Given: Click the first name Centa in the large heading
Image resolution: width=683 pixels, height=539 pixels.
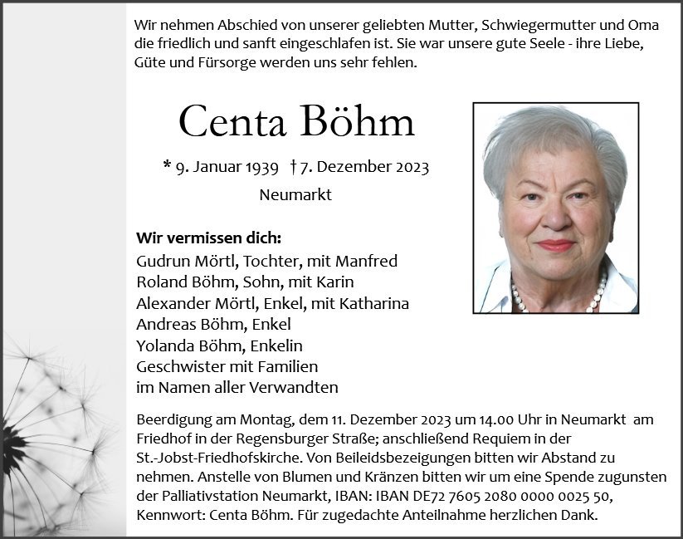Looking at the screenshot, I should point(236,123).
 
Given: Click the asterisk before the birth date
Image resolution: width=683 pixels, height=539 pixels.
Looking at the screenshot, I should point(167,166).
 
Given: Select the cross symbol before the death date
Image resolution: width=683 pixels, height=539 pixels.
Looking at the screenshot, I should point(295,167).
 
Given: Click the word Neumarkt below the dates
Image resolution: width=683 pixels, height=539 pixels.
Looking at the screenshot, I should point(295,195).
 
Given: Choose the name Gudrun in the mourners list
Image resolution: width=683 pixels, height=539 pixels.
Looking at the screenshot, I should point(162,260).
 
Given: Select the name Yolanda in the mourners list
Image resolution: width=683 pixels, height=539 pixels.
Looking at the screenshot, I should point(164,345).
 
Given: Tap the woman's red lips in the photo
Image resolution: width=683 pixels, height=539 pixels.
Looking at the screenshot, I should point(554,246).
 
